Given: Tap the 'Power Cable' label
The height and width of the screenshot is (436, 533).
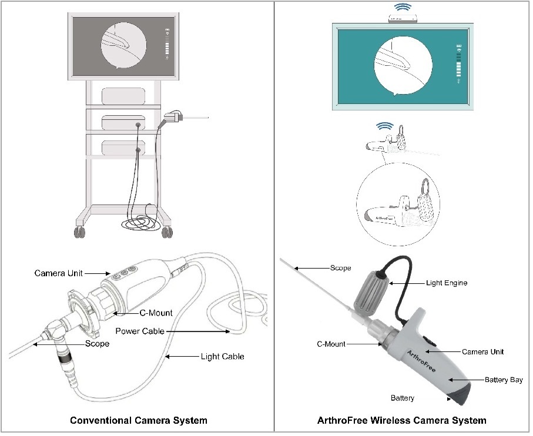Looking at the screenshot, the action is coord(139,331).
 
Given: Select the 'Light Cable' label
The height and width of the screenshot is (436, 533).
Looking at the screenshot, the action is coord(222,356).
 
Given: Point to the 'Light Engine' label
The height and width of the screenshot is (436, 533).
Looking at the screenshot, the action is coord(446,283).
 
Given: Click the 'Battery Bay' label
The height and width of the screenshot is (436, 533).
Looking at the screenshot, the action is coord(503,380).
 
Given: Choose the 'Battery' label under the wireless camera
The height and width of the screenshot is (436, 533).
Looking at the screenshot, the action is coord(403,398).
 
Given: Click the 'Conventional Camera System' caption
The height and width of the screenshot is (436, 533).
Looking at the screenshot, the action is coord(138,420).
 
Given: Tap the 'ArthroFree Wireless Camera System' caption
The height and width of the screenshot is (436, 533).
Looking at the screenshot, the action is coord(401,420).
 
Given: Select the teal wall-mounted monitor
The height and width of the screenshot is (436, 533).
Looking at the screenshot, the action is coord(403,65).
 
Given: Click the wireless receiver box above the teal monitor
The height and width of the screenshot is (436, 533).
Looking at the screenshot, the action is coord(403,19).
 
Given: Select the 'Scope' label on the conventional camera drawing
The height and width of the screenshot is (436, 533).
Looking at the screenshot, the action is coord(97,343).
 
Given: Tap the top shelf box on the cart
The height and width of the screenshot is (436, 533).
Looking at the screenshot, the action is coord(123,96).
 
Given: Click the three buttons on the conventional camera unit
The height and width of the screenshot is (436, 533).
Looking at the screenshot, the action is coord(125,272).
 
